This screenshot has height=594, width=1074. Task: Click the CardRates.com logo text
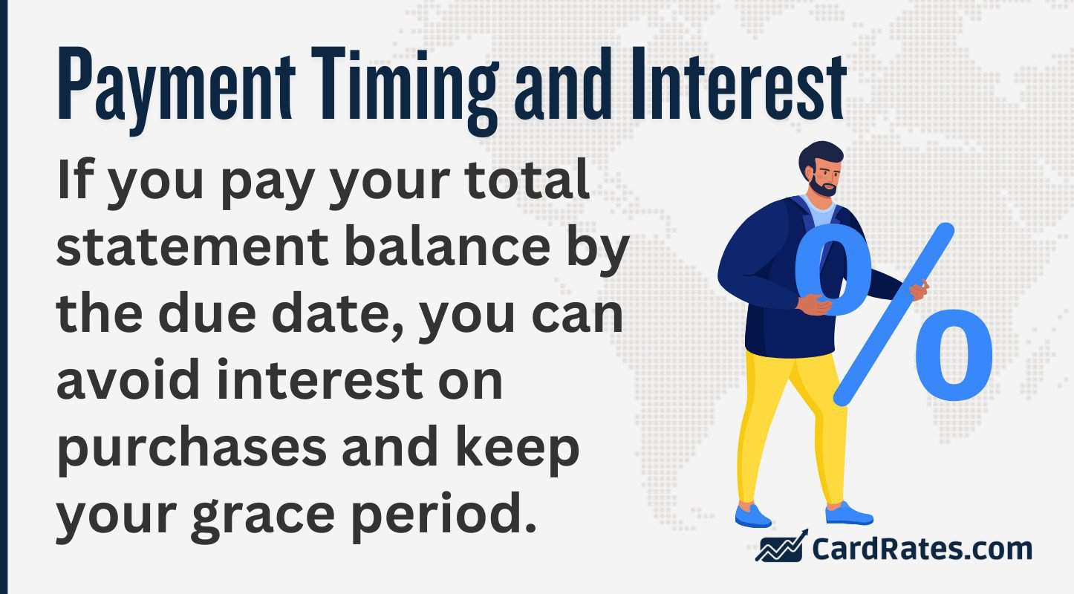click(922, 549)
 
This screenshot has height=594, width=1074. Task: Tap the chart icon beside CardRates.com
click(781, 547)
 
